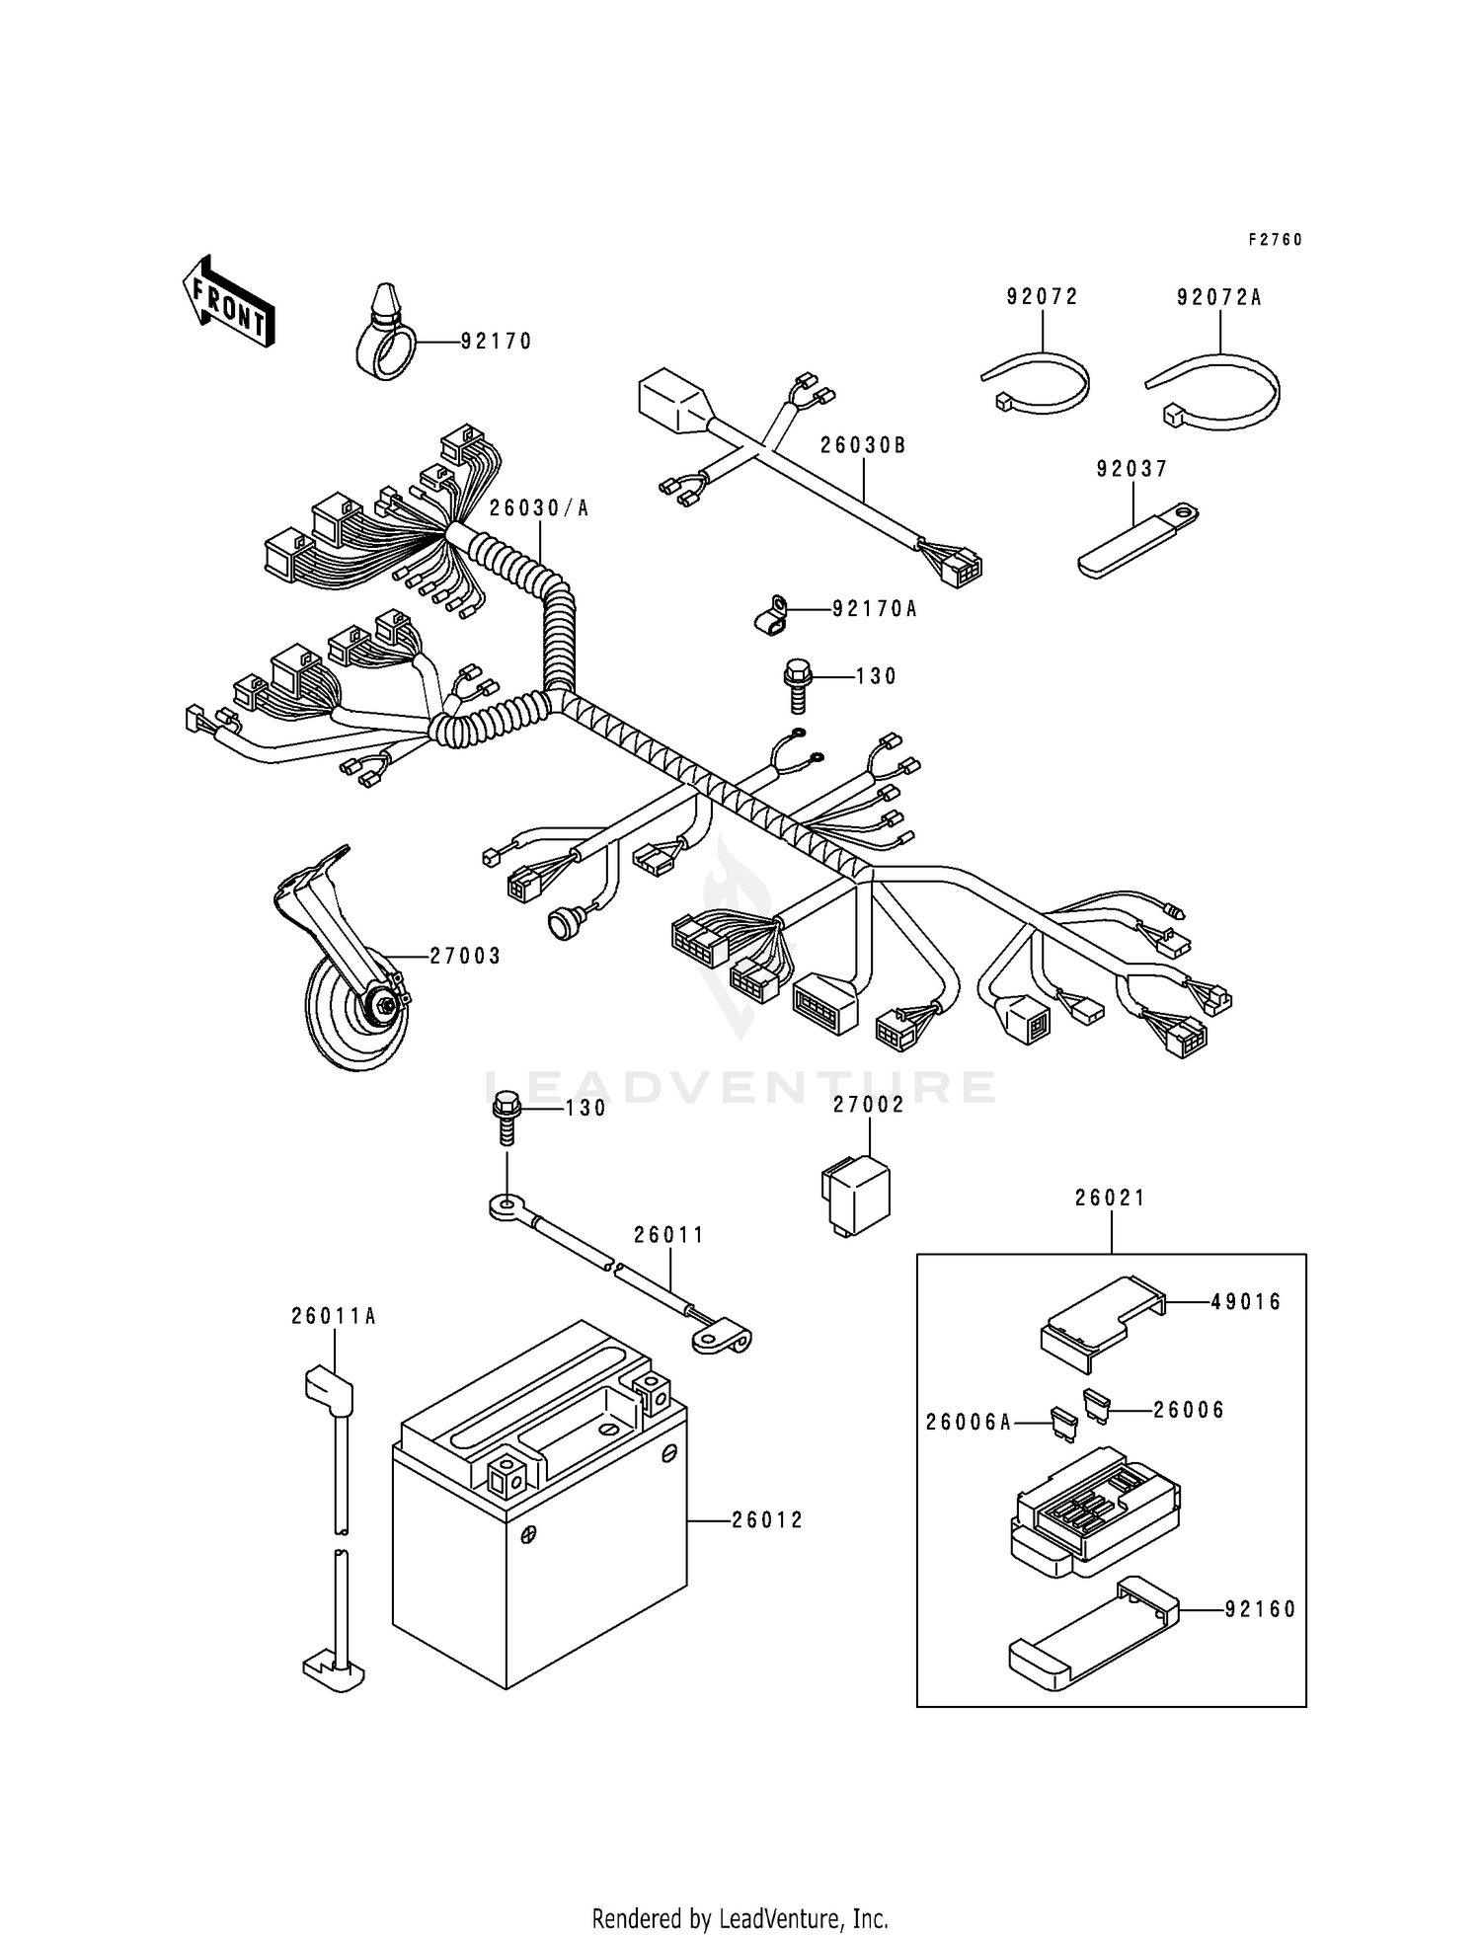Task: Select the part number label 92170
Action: tap(497, 342)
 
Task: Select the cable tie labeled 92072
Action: tap(1038, 385)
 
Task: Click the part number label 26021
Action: tap(1111, 1198)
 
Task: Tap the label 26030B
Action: tap(862, 445)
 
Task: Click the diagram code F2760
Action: tap(1275, 240)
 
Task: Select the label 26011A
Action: tap(334, 1316)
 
